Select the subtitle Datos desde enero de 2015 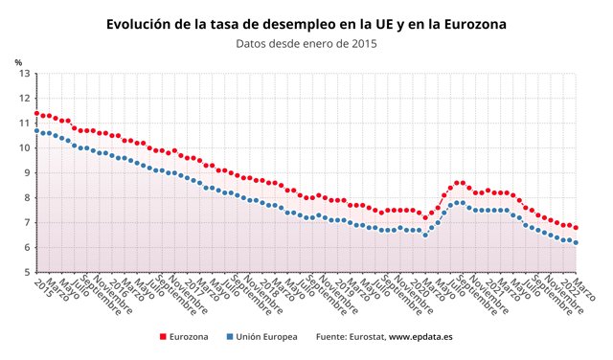pos(306,43)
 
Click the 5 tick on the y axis pos(26,273)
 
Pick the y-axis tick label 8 pos(26,198)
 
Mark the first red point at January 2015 pos(36,113)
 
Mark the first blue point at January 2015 pos(36,130)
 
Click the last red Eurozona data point pos(576,228)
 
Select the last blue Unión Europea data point pos(576,243)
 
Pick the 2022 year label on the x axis pos(570,286)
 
